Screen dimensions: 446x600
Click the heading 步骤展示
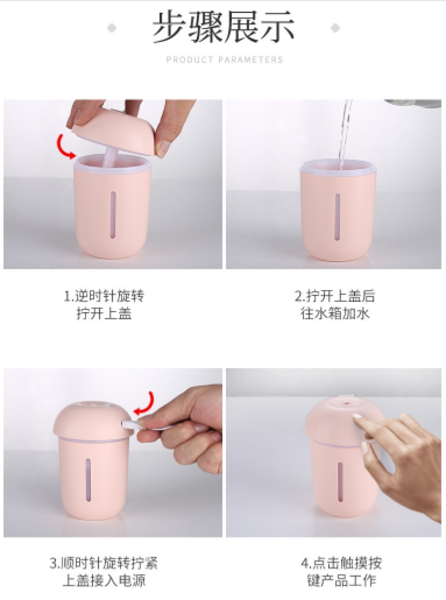(x=224, y=27)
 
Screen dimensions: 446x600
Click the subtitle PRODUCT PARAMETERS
(x=225, y=60)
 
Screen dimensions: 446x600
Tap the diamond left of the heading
(x=111, y=28)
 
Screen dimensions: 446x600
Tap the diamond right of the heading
(x=336, y=28)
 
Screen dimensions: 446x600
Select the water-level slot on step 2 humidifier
(x=338, y=217)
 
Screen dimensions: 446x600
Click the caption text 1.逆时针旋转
(x=104, y=296)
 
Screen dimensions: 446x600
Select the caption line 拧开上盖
(x=104, y=313)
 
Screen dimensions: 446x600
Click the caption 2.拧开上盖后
(x=334, y=296)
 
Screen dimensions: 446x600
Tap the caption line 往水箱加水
(x=334, y=313)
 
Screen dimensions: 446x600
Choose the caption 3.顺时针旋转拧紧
(x=104, y=563)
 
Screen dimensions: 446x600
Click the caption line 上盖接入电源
(x=104, y=580)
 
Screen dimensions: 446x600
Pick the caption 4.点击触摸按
(x=341, y=563)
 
